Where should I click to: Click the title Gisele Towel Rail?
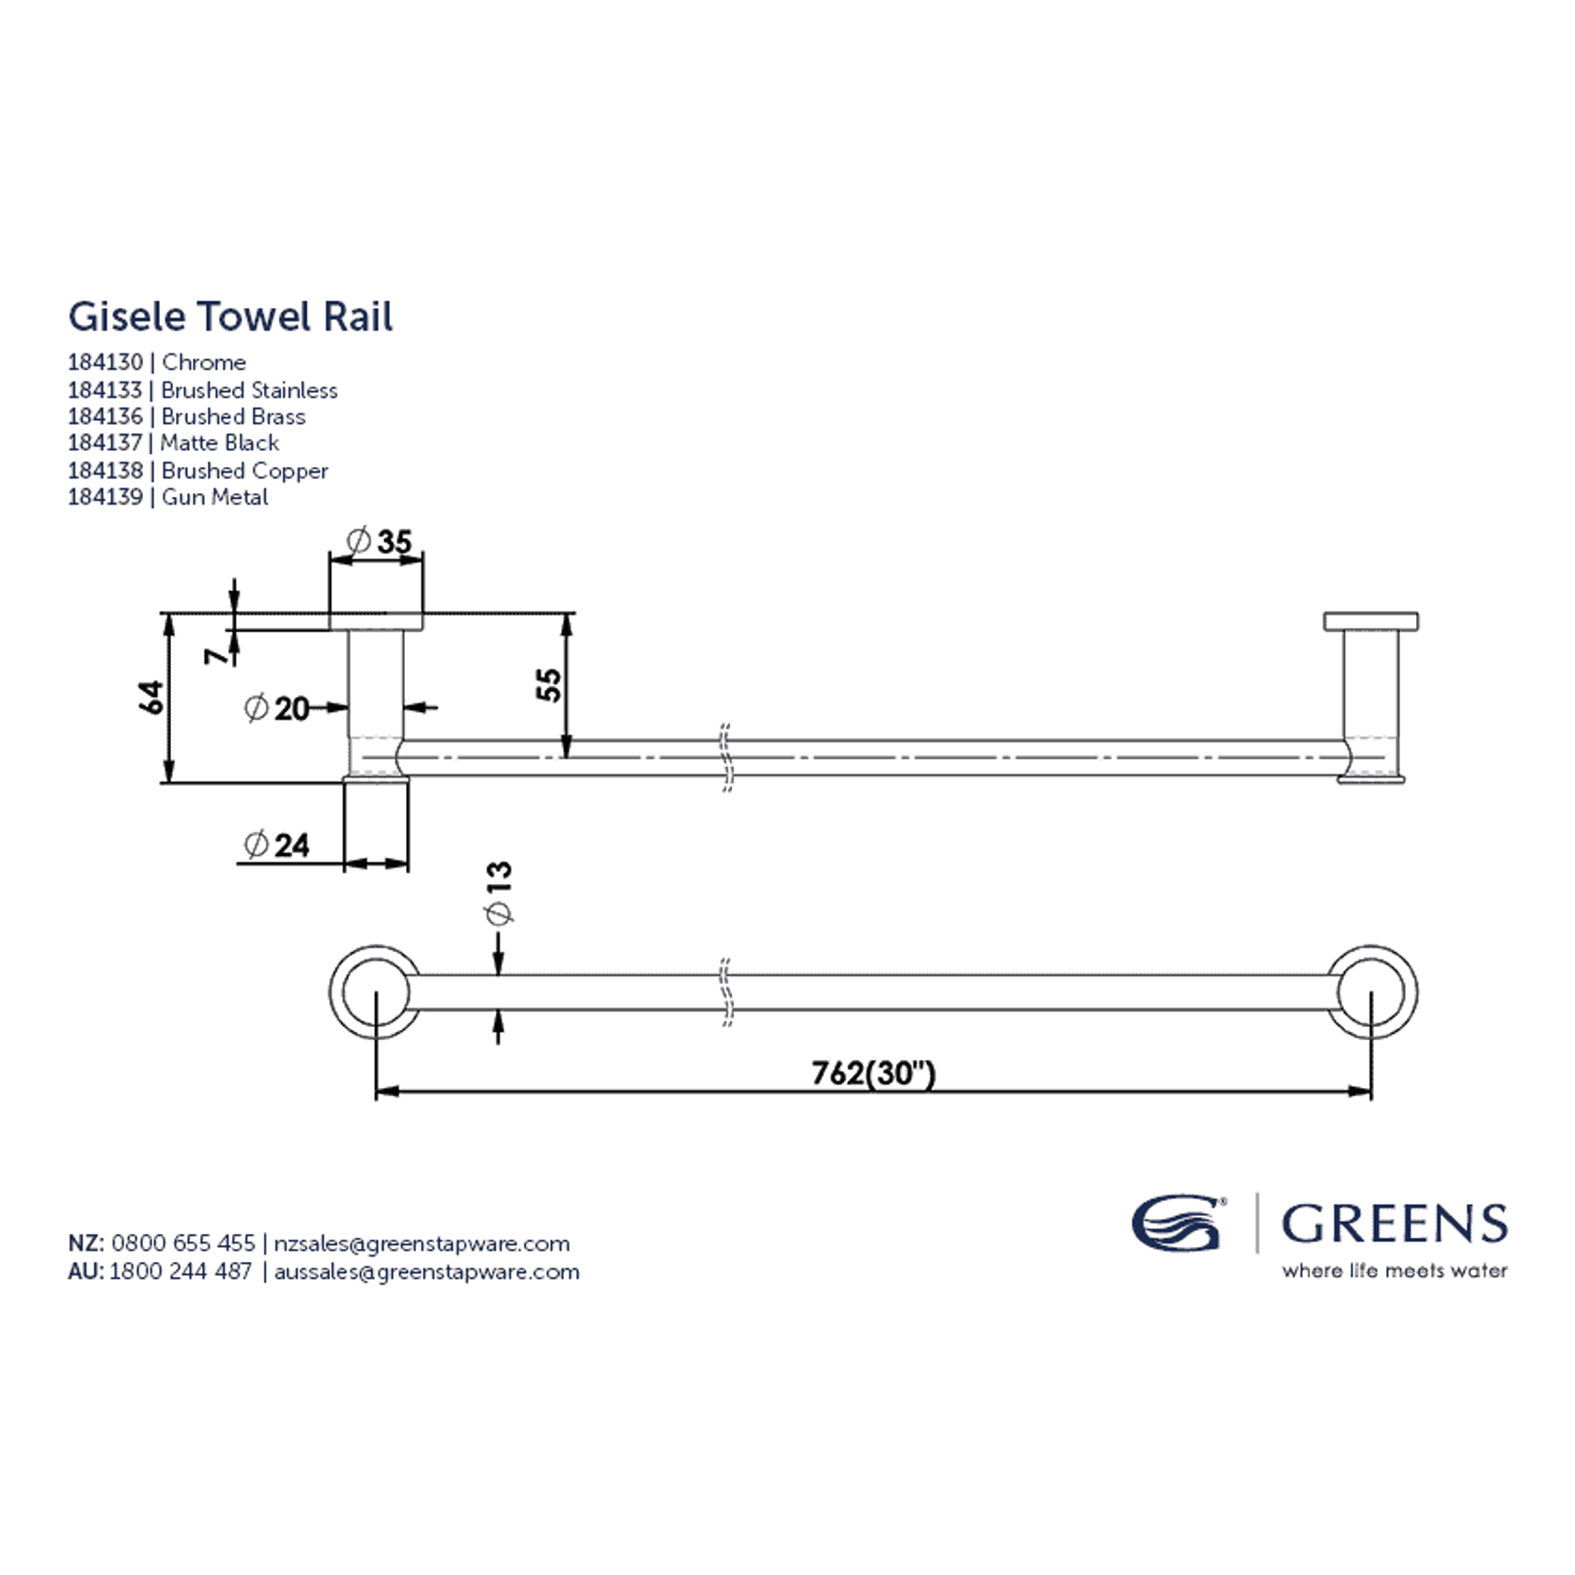230,317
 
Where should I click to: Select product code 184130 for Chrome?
105,363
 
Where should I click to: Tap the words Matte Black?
220,444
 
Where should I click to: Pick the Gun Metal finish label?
215,497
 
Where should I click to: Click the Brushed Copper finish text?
245,471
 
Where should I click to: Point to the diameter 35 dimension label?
380,541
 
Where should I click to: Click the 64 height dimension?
151,697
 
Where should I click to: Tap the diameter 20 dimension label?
278,708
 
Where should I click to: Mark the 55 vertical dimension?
550,683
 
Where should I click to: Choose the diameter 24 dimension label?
277,845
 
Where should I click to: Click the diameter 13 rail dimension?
498,893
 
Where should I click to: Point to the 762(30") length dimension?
873,1073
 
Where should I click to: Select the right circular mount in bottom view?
1372,992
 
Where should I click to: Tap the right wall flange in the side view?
1371,621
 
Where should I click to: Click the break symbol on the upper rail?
726,757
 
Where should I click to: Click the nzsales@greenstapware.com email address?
422,1243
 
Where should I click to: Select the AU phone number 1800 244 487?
181,1271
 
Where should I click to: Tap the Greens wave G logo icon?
1177,1223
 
